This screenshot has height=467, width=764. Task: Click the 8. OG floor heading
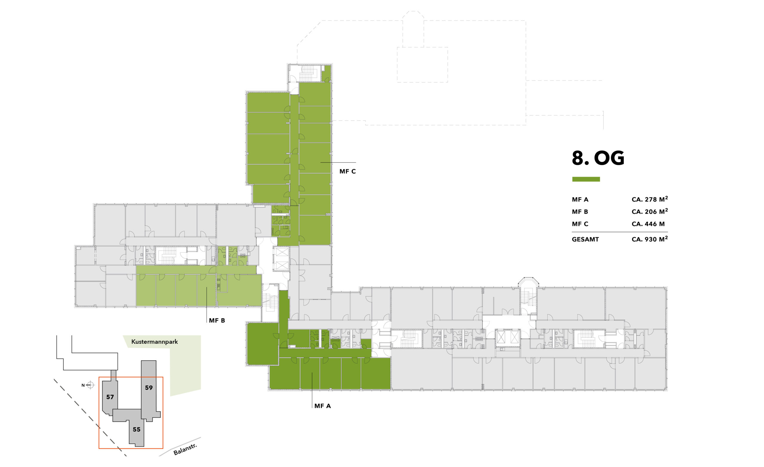click(x=598, y=158)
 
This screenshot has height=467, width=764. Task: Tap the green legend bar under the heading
click(x=586, y=179)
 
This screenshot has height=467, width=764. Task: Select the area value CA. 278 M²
click(x=650, y=199)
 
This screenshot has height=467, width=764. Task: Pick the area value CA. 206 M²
click(x=650, y=212)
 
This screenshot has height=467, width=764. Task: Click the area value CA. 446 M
click(x=648, y=224)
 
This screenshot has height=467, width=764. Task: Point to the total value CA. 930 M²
click(x=650, y=239)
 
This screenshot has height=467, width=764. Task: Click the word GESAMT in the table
click(x=586, y=239)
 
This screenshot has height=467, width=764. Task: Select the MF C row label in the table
click(x=580, y=224)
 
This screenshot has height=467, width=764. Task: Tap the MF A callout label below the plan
click(x=323, y=406)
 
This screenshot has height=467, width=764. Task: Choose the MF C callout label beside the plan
click(x=348, y=172)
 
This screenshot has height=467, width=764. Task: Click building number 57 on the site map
click(x=110, y=397)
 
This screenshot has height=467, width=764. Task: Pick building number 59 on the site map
click(x=149, y=388)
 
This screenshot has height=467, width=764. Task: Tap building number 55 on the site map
click(x=136, y=429)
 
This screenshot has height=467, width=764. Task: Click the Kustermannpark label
click(x=155, y=342)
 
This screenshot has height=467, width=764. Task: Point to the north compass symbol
click(x=90, y=385)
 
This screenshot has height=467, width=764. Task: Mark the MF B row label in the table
click(x=580, y=212)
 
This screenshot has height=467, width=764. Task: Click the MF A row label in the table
click(x=580, y=199)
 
